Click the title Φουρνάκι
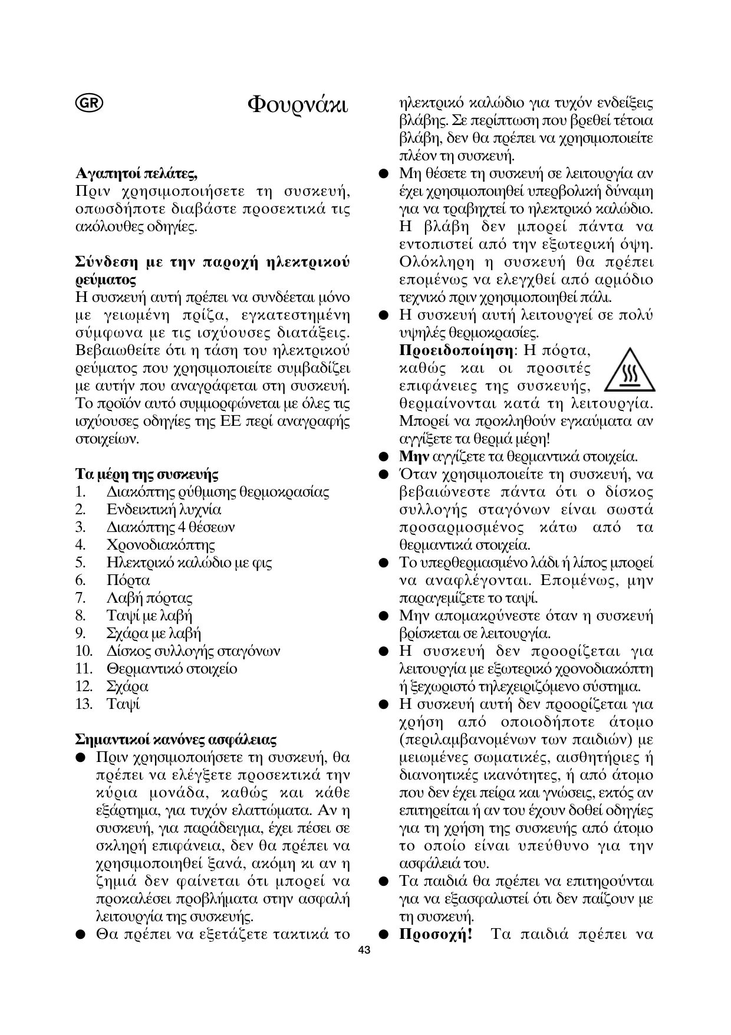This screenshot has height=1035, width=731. [297, 104]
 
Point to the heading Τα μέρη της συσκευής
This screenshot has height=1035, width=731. [147, 474]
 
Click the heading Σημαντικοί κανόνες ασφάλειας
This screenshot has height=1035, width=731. [176, 740]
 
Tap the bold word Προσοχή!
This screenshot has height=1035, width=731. [436, 934]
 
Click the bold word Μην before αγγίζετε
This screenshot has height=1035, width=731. [414, 456]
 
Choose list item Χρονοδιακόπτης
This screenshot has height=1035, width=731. [160, 545]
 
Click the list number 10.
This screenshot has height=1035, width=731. [84, 651]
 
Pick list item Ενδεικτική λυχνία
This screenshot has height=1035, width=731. [164, 510]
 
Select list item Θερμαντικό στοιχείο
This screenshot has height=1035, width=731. [172, 669]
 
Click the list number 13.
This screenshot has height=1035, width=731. [84, 704]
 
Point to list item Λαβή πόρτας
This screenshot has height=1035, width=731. [149, 598]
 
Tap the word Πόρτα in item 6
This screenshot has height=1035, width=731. [128, 580]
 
